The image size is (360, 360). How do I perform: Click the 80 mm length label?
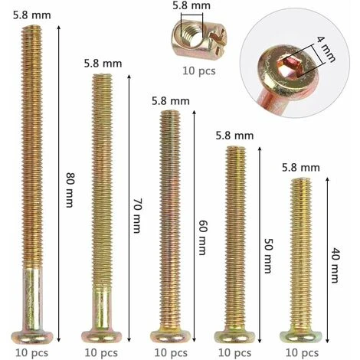click(70, 190)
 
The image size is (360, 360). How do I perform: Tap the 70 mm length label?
click(136, 215)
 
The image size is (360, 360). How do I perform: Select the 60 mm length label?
click(202, 237)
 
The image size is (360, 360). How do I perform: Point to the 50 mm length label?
click(267, 256)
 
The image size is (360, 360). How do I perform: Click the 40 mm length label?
click(334, 266)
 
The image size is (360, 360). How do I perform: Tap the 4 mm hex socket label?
click(326, 50)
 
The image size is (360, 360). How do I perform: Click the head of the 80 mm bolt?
click(32, 337)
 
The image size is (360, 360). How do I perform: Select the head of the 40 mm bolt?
click(301, 337)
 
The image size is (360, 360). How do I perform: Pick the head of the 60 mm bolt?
click(170, 336)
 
